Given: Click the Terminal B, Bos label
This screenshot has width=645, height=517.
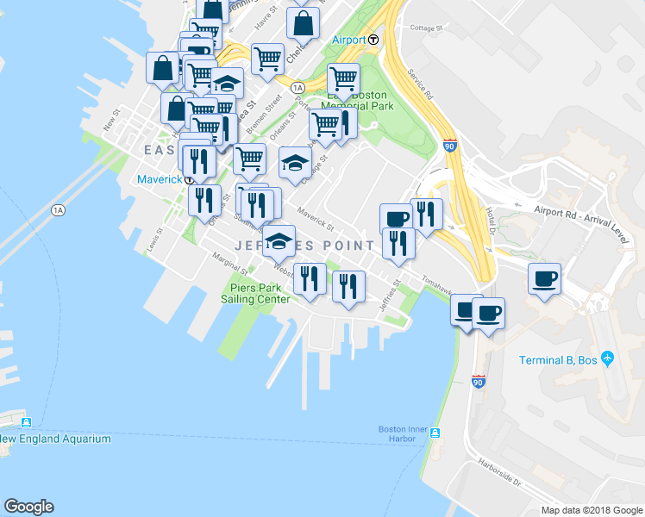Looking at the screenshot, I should tap(559, 359).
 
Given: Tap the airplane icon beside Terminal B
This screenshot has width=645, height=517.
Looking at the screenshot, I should tap(608, 358).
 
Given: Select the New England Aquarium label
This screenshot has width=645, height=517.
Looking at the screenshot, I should tap(56, 439).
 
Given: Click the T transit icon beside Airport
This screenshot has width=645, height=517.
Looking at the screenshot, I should tap(373, 40).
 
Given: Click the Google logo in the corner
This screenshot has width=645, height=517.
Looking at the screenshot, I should tap(28, 507).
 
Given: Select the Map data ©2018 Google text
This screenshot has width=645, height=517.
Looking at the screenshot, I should tap(592, 510).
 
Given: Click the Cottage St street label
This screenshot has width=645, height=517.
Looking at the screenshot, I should tap(426, 28).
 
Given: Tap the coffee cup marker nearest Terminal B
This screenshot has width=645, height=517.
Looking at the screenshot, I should tap(544, 279).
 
